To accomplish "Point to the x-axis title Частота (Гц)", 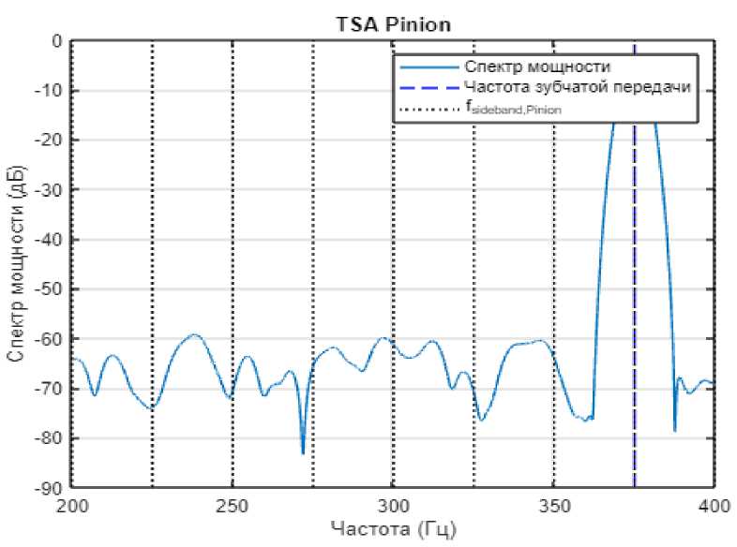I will (x=393, y=530).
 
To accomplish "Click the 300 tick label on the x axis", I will (x=393, y=507).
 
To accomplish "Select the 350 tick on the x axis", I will (x=553, y=507).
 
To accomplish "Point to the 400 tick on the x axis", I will (x=714, y=507).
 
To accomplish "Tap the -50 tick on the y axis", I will (x=48, y=289).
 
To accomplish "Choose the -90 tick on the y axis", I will (x=48, y=488).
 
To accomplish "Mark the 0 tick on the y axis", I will (x=56, y=42).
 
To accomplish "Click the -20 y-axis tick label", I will (x=48, y=140).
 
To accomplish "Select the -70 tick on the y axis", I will (x=48, y=389).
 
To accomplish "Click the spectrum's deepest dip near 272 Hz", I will (x=303, y=452).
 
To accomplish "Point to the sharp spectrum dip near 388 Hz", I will (x=674, y=430).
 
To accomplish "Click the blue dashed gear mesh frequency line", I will (x=634, y=281).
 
